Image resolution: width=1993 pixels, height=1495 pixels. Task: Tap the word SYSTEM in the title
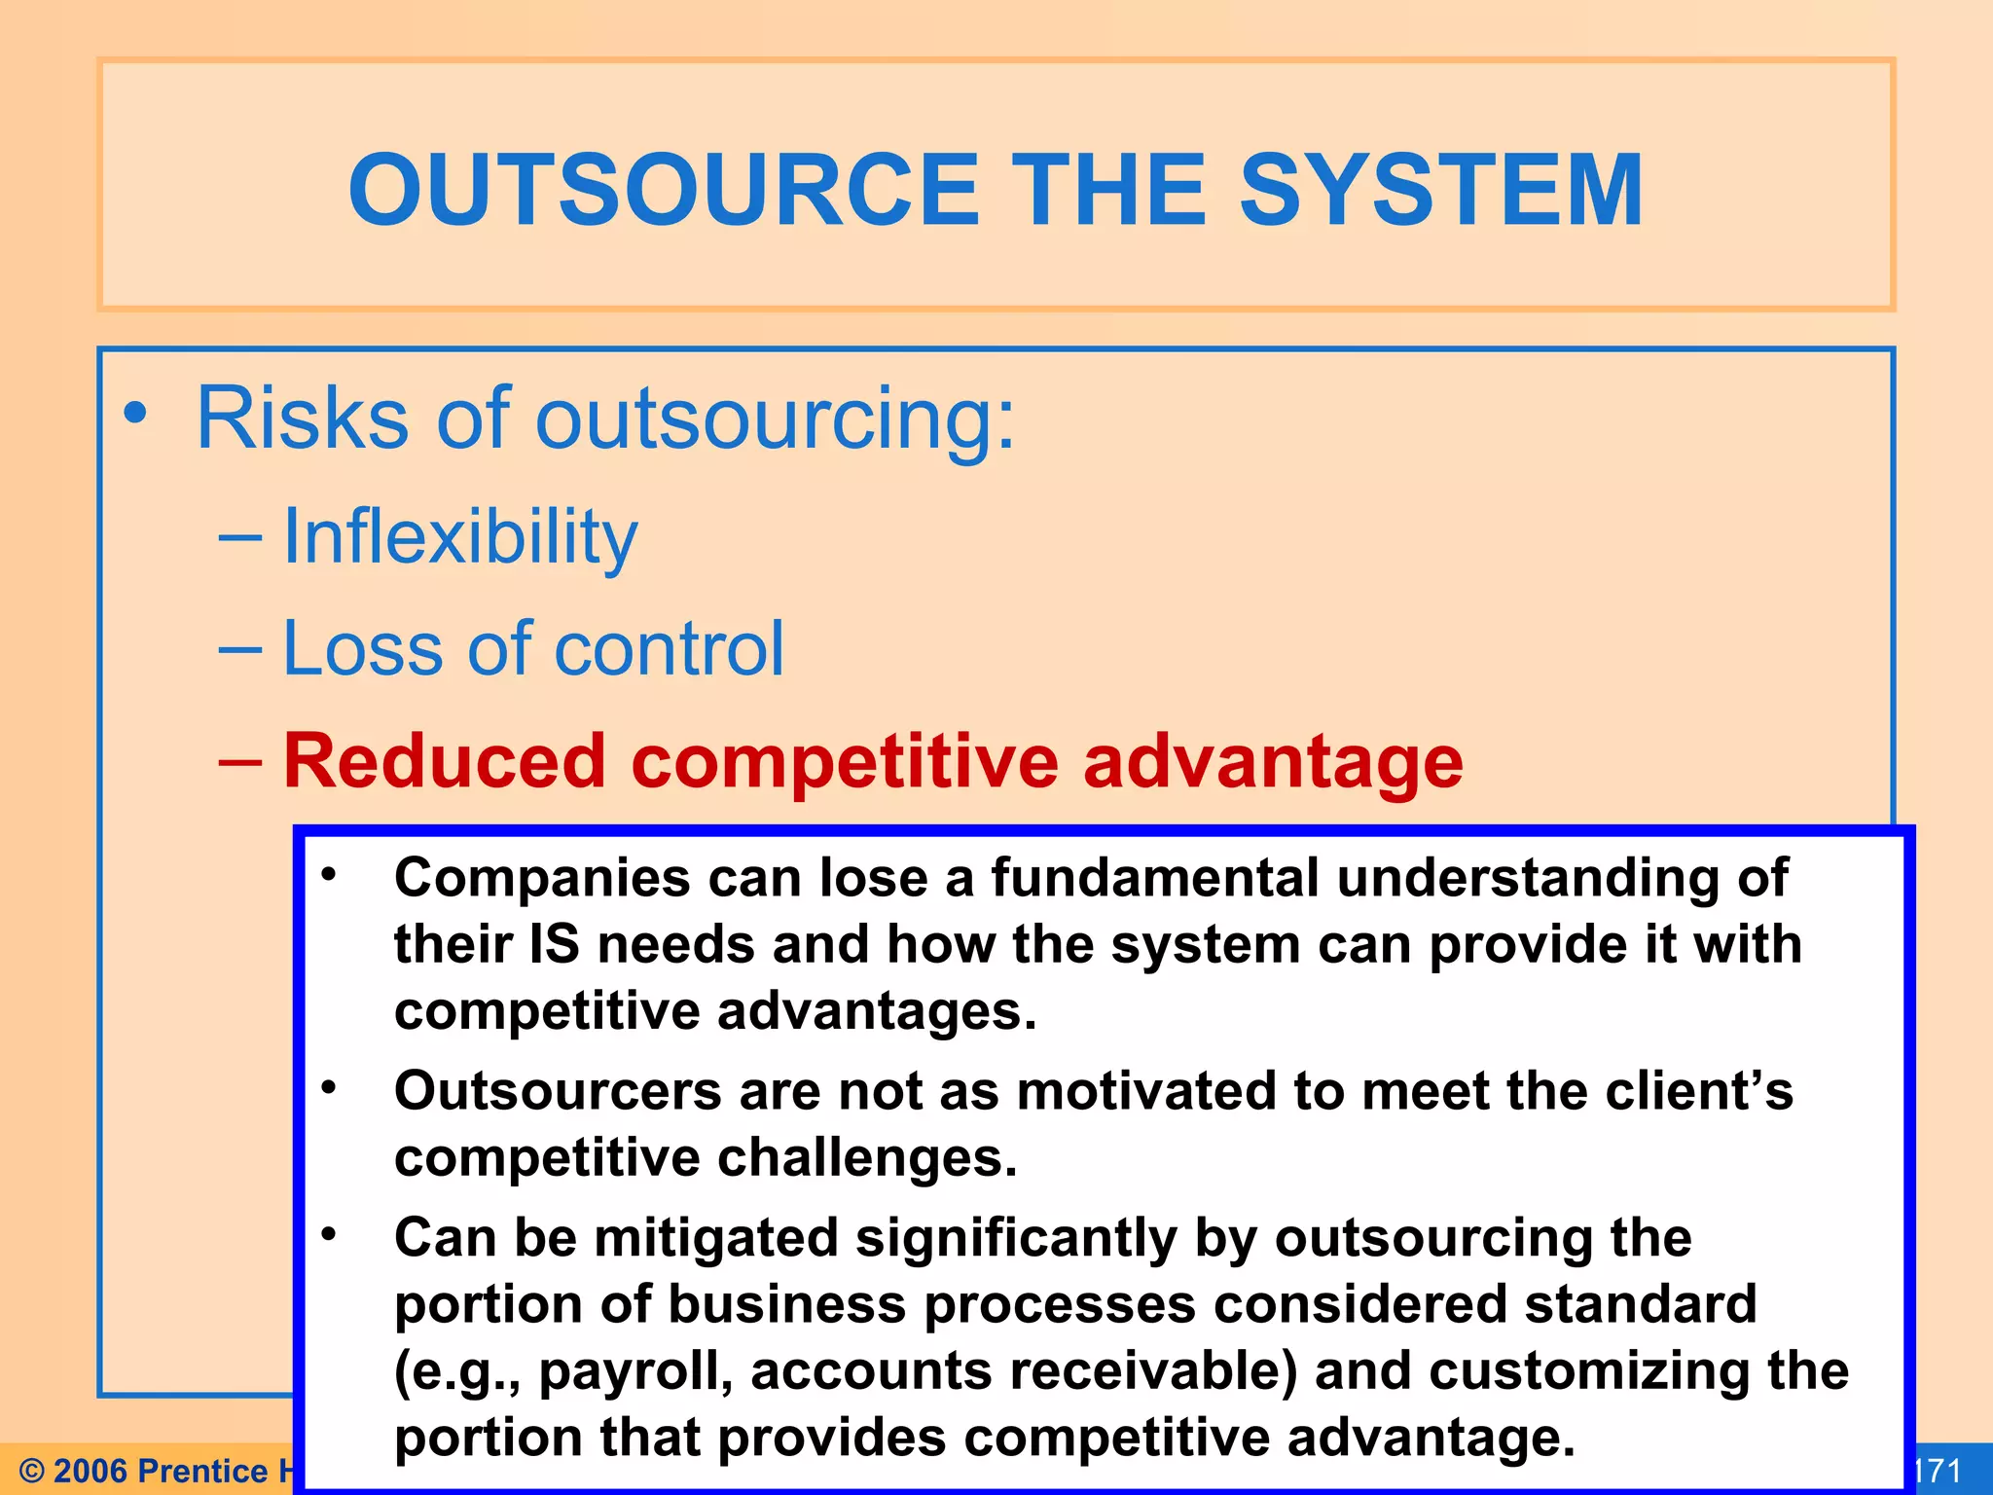1440,191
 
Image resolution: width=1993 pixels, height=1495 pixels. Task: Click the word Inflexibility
459,537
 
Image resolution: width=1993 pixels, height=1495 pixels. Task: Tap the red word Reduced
444,761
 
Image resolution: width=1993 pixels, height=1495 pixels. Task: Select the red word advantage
1273,763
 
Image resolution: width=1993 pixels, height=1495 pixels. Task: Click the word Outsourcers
558,1091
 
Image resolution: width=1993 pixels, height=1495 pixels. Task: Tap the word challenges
867,1158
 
